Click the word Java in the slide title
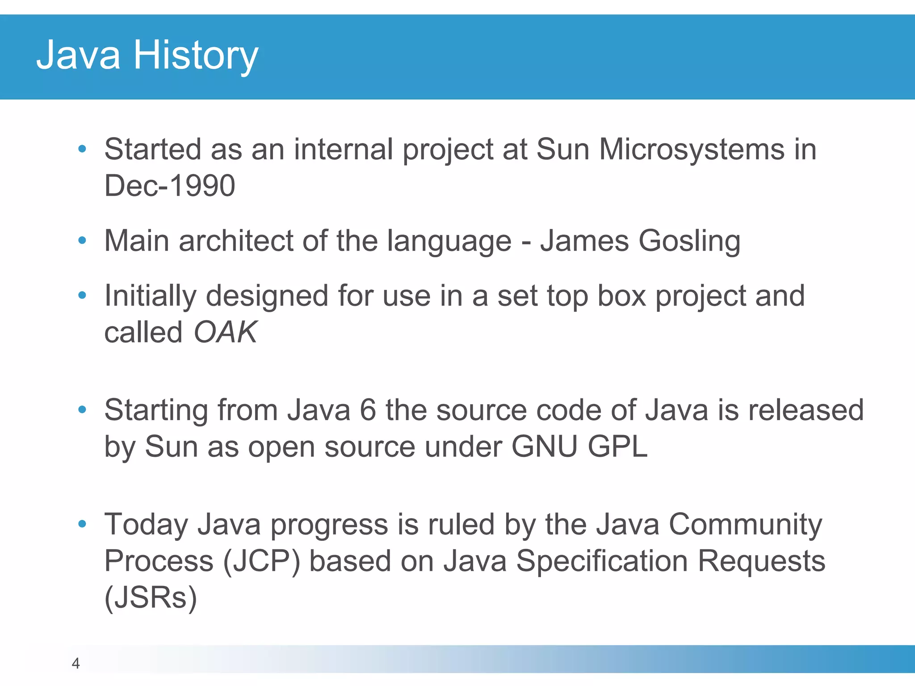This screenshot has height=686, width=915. [x=78, y=55]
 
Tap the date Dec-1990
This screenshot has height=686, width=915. [x=169, y=186]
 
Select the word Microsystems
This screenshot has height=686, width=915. [x=692, y=149]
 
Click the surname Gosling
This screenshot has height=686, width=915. [x=689, y=241]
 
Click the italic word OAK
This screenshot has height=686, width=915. [x=225, y=332]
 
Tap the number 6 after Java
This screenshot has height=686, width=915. [x=368, y=410]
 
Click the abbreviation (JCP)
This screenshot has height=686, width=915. [x=261, y=561]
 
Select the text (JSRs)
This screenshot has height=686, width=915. [x=151, y=598]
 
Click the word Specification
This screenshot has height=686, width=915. [x=602, y=561]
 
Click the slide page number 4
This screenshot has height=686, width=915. [x=76, y=664]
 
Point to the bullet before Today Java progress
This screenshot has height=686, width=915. [x=82, y=524]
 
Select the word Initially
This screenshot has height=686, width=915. [x=150, y=297]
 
